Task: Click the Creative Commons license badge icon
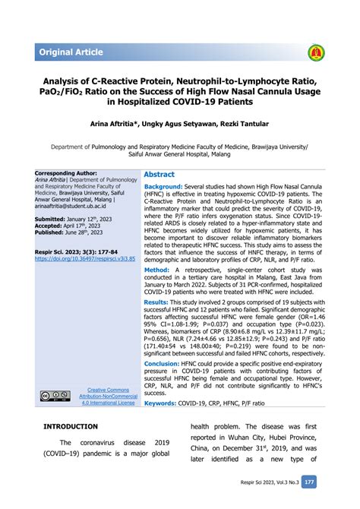click(55, 397)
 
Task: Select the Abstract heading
click(159, 174)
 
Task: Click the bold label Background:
click(163, 186)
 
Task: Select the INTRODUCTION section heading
click(71, 427)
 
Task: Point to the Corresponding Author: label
click(66, 173)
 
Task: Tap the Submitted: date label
click(55, 219)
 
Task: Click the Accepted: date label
click(53, 226)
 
